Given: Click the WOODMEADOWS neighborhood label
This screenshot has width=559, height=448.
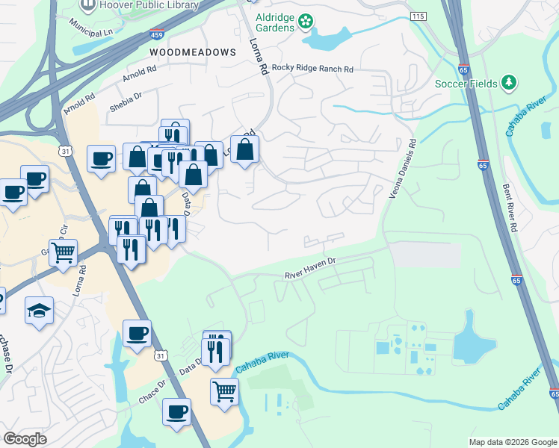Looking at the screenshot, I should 192,52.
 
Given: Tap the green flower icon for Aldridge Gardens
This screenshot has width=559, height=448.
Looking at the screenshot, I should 305,22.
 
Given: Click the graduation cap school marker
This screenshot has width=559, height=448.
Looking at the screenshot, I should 39,311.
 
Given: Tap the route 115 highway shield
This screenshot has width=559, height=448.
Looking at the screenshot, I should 419,16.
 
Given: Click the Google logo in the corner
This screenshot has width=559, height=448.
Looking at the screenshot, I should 25,439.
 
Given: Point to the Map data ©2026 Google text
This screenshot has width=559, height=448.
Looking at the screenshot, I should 512,442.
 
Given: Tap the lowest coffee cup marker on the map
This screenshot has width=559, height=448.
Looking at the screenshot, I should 176,411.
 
